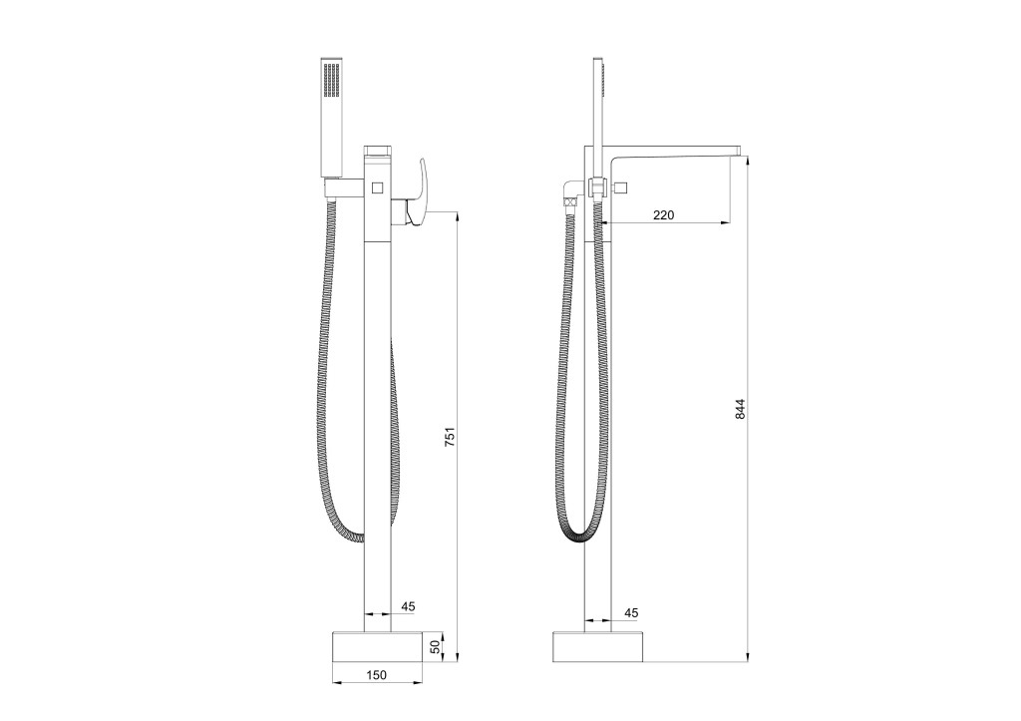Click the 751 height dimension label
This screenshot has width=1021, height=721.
450,436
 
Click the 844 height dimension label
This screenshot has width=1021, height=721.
741,409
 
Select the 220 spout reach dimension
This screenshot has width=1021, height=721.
663,214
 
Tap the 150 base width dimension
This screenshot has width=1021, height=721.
376,675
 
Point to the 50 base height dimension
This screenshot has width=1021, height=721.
435,647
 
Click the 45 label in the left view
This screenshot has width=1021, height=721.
408,606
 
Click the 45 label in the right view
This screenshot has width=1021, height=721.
631,613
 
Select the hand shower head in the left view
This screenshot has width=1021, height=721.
332,119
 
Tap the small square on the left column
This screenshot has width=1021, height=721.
377,188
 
